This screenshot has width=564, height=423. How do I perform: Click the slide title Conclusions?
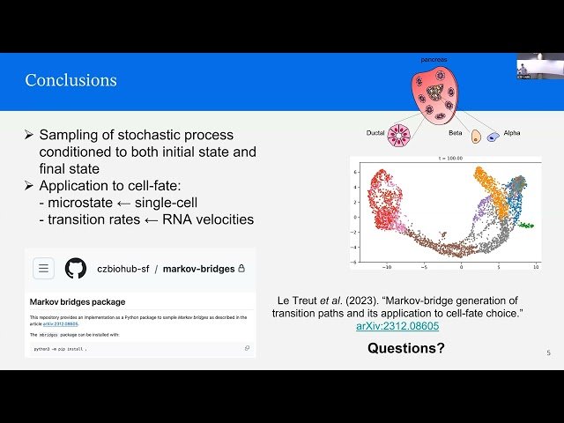point(70,81)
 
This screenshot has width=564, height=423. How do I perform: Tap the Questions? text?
point(406,348)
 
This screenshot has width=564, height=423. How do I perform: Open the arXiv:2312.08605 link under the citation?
point(397,326)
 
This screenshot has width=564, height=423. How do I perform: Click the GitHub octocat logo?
point(76,268)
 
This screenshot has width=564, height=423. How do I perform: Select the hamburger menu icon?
point(45,268)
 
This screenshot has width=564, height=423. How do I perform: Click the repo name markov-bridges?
point(196,268)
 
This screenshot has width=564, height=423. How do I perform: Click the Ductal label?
point(378,133)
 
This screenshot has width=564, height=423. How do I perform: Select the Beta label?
point(455,133)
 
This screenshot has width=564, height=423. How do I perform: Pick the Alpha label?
point(512,133)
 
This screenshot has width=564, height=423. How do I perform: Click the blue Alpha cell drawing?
point(493,137)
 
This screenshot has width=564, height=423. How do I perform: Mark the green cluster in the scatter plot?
point(525,225)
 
